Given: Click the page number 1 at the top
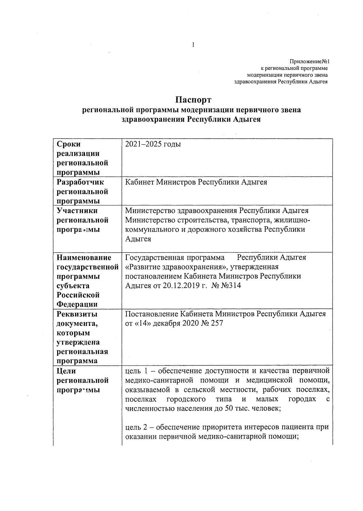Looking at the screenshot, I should (193, 45).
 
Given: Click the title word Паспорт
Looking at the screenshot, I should (194, 100).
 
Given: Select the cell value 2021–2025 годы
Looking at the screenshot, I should (153, 144).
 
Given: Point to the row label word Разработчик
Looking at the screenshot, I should (80, 182).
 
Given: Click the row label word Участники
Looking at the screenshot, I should (77, 211).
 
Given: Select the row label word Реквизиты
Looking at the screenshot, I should (77, 314).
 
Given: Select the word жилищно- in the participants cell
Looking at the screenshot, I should (292, 220).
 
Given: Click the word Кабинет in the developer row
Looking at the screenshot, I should (139, 182).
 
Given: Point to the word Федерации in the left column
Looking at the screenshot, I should (77, 304).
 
